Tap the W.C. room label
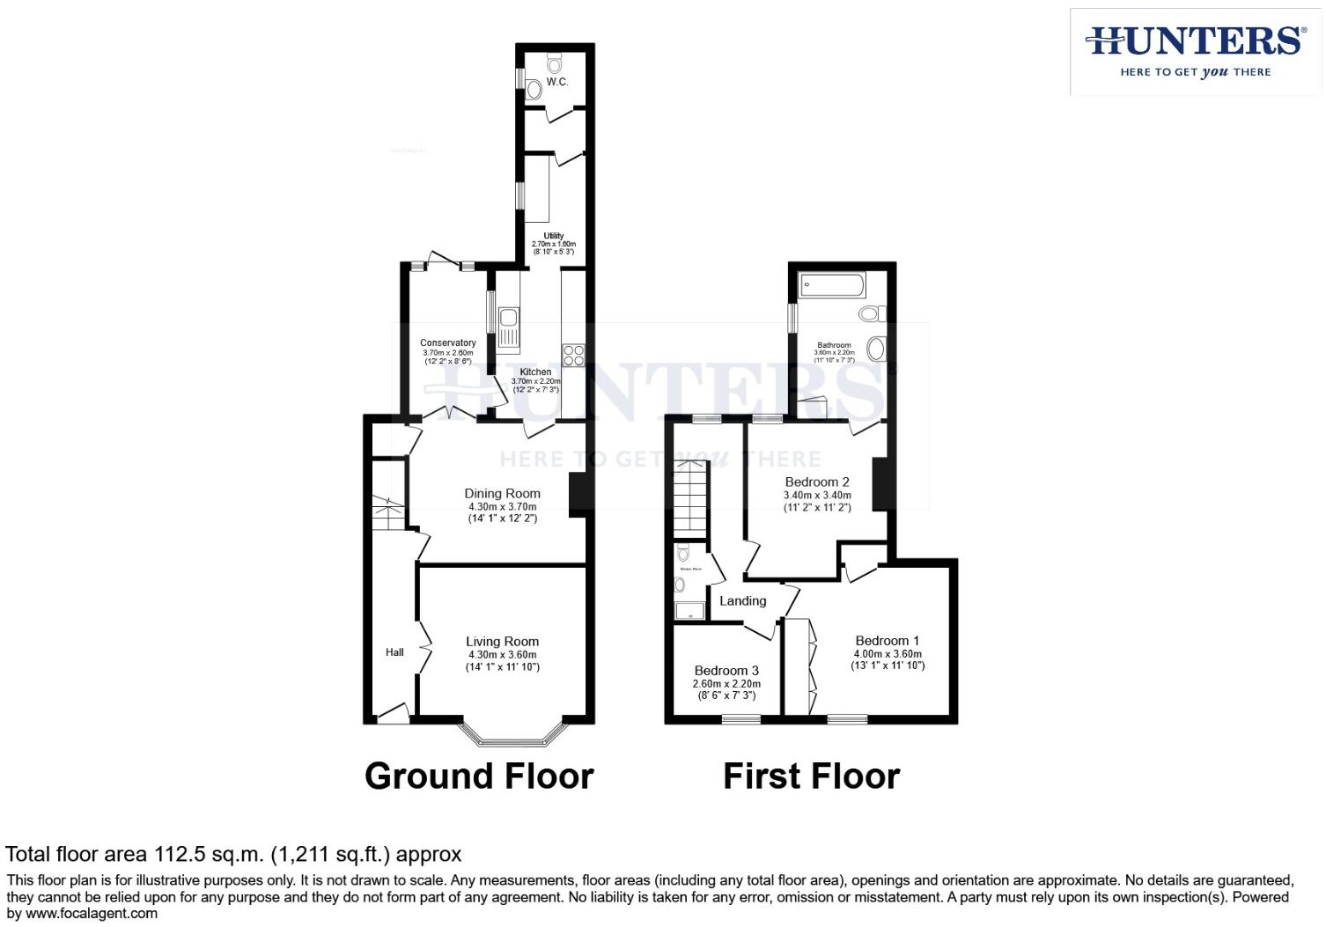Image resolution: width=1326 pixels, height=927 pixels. [556, 82]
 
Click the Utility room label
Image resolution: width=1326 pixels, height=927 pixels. [553, 235]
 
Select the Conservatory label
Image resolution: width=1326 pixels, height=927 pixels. [447, 342]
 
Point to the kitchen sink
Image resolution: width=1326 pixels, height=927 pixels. [508, 328]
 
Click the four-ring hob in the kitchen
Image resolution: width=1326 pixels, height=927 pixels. [573, 355]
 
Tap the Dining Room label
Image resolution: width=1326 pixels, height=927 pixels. [502, 493]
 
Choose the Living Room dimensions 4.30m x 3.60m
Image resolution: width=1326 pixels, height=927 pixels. [502, 654]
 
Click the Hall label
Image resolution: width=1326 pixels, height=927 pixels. [394, 652]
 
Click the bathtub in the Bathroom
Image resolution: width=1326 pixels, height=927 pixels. [833, 284]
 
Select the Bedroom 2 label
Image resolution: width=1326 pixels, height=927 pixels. [817, 482]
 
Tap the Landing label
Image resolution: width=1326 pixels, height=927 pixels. [743, 601]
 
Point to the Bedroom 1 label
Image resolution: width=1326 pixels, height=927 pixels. [888, 640]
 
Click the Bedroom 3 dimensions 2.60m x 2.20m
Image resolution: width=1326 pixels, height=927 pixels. [726, 684]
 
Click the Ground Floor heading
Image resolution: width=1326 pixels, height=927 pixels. [479, 776]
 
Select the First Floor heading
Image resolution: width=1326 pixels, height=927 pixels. [811, 776]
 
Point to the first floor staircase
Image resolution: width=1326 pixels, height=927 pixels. [691, 500]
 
